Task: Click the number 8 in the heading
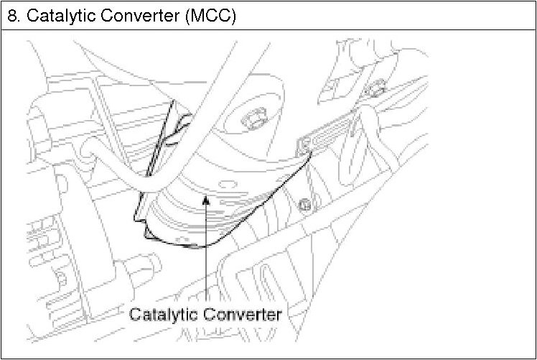click(x=11, y=15)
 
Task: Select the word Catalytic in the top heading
click(x=55, y=15)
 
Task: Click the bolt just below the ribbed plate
click(x=307, y=203)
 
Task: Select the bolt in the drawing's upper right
click(x=373, y=91)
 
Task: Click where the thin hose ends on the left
click(x=88, y=149)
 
